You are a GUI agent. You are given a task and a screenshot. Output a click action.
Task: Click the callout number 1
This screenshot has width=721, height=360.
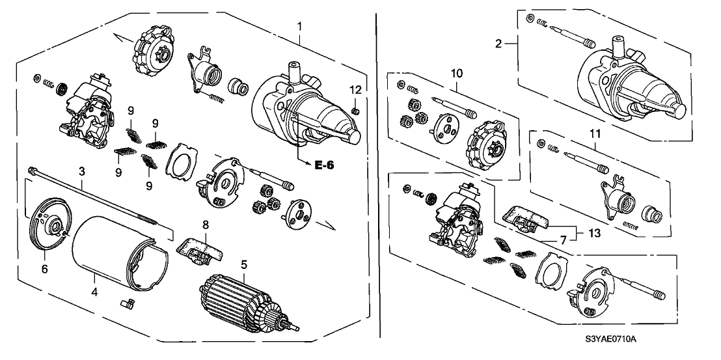tap(300, 26)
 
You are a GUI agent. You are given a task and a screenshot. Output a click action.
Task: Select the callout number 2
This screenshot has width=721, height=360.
tap(498, 44)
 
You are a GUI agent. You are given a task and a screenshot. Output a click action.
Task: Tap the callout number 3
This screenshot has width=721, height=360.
tap(82, 171)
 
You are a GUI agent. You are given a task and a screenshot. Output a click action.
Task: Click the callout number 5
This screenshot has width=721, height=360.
tap(243, 265)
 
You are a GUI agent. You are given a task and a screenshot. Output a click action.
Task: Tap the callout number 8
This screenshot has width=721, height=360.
tap(206, 225)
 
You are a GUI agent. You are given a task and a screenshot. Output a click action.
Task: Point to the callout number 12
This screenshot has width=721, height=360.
tap(355, 89)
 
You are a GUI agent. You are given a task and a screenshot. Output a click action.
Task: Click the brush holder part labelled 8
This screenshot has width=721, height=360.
tap(198, 247)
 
